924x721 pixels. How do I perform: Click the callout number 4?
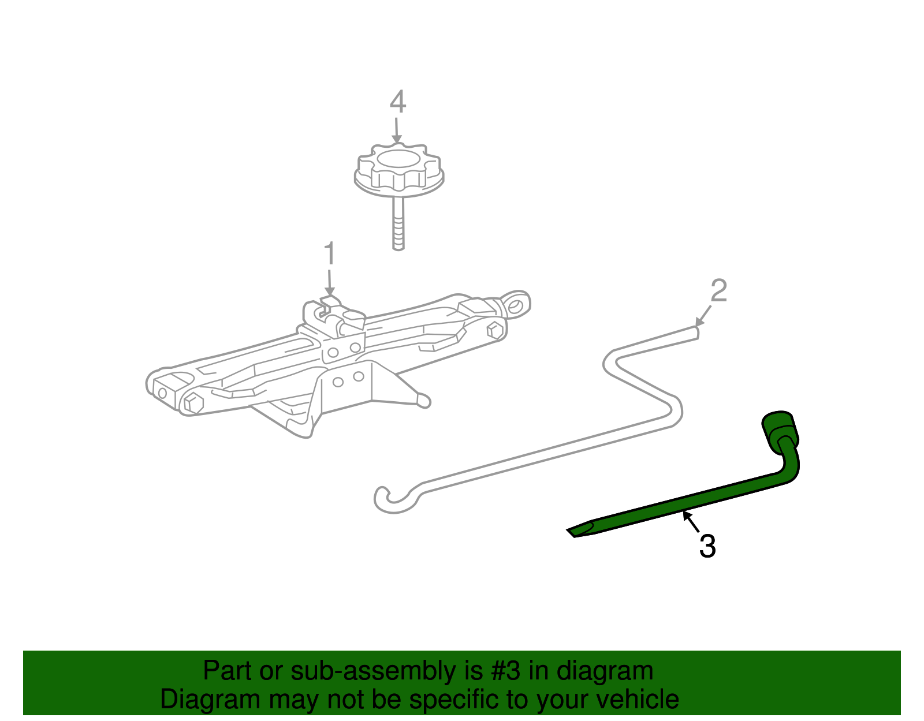pyautogui.click(x=397, y=102)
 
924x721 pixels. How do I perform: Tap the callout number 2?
pyautogui.click(x=718, y=291)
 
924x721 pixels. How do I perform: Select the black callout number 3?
pyautogui.click(x=707, y=546)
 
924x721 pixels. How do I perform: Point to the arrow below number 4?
pyautogui.click(x=396, y=131)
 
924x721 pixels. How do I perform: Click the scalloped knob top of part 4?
pyautogui.click(x=398, y=167)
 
